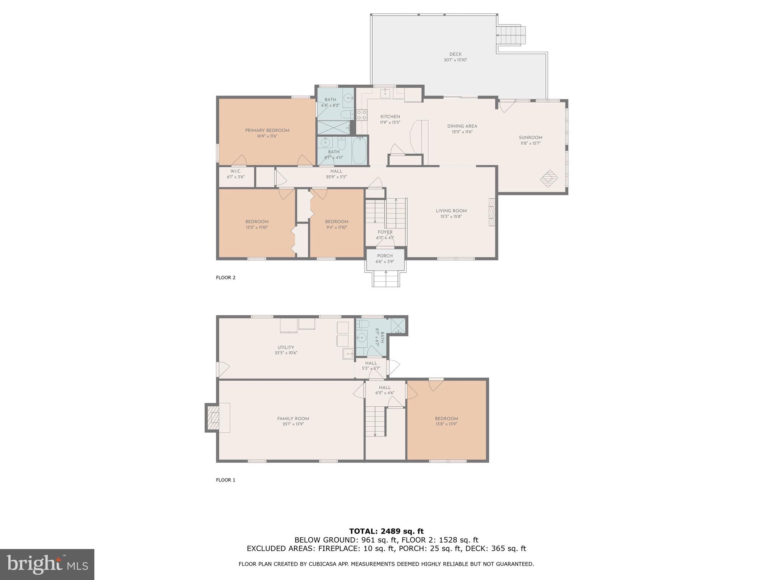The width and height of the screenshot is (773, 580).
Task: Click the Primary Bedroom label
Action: point(267,131)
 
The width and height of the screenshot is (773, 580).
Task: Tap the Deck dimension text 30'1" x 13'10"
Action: point(455,60)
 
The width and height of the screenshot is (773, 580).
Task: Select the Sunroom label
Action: point(530,138)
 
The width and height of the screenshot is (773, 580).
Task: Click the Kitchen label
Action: point(390,117)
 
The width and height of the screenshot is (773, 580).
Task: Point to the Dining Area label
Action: point(462,126)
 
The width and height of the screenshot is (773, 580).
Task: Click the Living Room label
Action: point(451,211)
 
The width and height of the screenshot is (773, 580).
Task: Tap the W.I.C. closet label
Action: point(236,171)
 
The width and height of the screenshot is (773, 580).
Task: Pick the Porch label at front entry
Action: point(385,256)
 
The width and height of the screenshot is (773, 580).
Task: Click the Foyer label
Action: point(385,232)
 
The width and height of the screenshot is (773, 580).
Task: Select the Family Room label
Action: point(293,418)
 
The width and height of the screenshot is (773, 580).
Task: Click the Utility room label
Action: point(286,347)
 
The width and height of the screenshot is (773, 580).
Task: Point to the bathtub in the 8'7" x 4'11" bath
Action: point(359,150)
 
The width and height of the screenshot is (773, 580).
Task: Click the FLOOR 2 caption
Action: point(225,278)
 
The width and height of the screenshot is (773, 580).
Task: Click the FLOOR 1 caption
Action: point(225,480)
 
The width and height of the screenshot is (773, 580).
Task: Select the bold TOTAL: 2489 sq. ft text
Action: point(386,531)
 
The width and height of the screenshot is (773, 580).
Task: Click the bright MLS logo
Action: point(47,565)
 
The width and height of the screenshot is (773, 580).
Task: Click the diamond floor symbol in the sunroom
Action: point(548,179)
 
